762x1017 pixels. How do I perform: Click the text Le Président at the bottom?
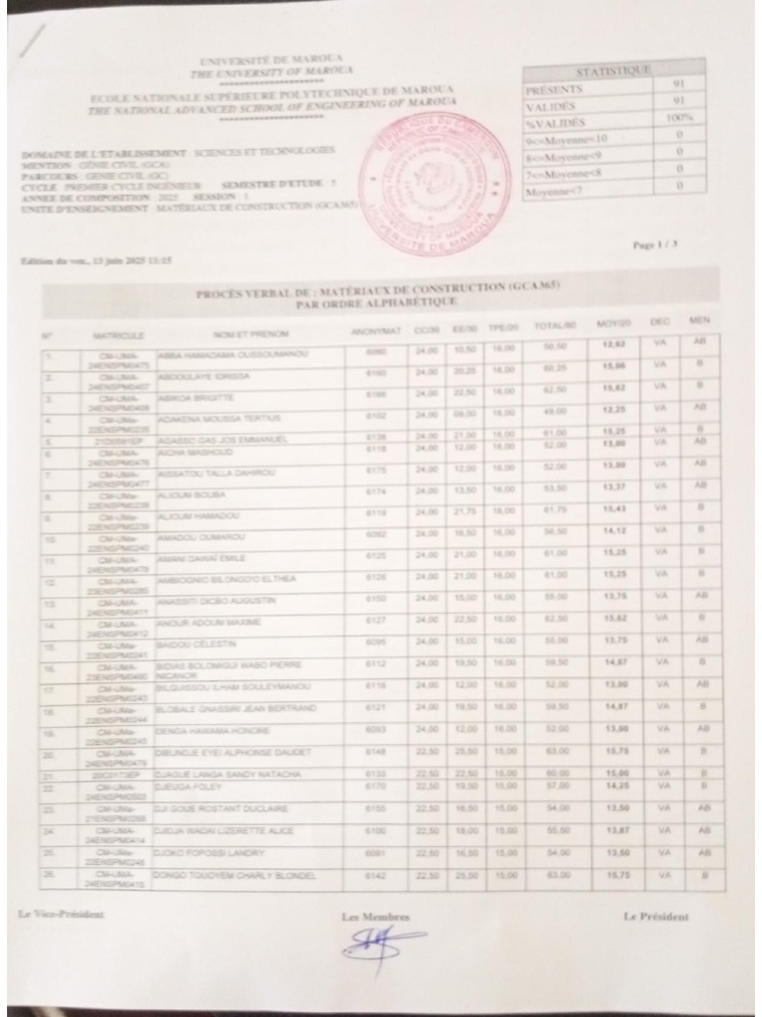656,916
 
